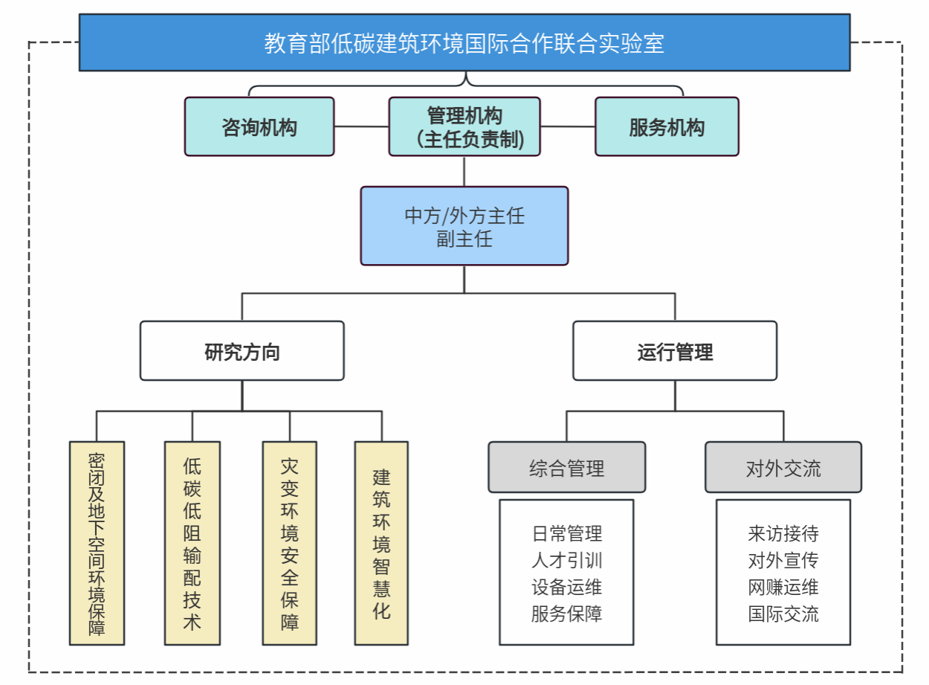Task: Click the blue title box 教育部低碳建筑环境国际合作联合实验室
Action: pos(464,43)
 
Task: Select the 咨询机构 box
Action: pos(259,127)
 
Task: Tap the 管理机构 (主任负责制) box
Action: pos(464,127)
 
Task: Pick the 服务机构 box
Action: pos(667,127)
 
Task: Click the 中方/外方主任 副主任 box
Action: pos(464,226)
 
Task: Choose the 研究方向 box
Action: pos(242,351)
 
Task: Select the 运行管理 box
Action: pos(675,351)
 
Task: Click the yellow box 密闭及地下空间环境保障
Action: pos(97,543)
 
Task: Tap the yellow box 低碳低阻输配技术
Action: pos(192,543)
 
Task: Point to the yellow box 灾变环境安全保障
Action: pos(290,543)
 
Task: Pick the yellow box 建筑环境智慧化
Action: pos(381,543)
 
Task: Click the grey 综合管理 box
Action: pos(566,468)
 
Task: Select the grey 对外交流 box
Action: pos(783,468)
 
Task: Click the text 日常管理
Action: pos(566,533)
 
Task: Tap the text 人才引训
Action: pos(566,560)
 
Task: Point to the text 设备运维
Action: pos(566,587)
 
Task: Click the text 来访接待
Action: pos(783,533)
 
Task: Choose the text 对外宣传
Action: pos(783,560)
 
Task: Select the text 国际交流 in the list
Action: pos(783,614)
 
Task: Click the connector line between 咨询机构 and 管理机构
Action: pos(361,127)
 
